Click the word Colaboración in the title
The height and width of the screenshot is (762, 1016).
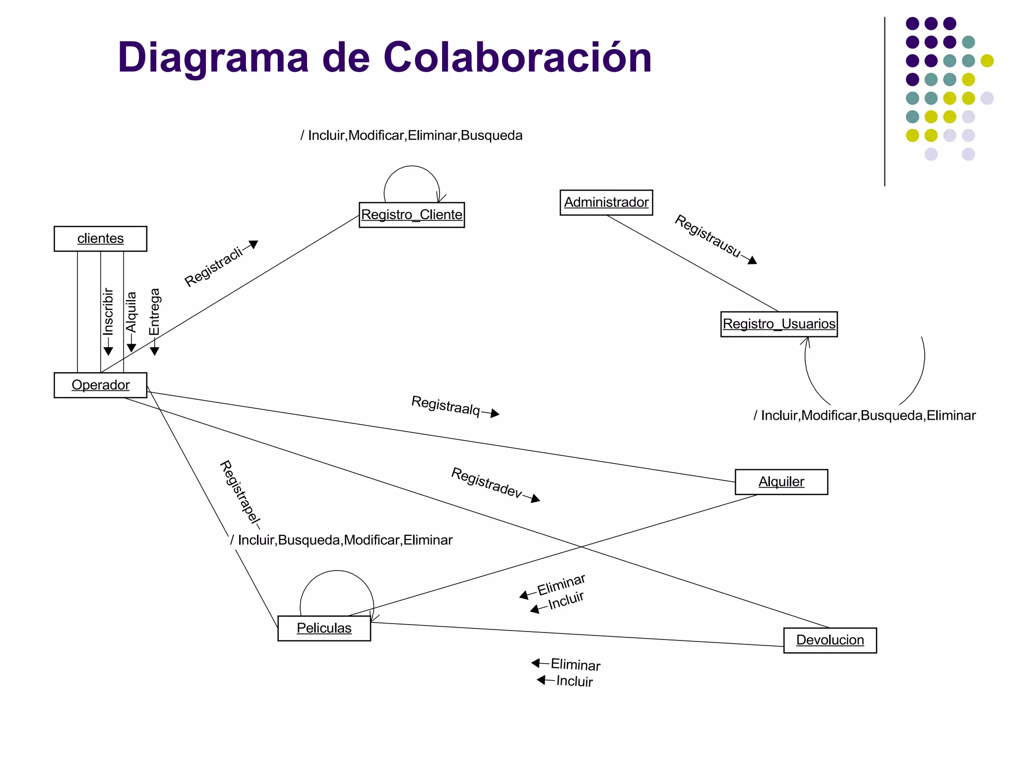(517, 58)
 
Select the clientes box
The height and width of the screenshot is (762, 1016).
(100, 239)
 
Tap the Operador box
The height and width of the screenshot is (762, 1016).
(100, 385)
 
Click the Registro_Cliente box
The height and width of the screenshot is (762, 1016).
(411, 215)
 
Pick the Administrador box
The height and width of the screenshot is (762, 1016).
(606, 202)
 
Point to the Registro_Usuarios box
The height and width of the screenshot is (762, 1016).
(778, 324)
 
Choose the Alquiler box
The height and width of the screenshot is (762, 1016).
(781, 482)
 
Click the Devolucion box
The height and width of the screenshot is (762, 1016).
(829, 640)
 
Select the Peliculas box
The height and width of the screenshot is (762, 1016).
(324, 628)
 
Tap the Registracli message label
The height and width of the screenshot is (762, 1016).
(214, 266)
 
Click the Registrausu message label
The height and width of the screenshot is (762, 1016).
(708, 236)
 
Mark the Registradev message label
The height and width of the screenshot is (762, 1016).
(487, 482)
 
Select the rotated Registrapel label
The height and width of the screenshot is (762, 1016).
(240, 493)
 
